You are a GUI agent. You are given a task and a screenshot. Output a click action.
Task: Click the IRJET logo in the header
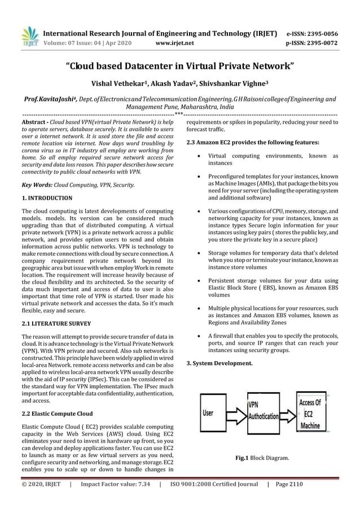[x=29, y=36]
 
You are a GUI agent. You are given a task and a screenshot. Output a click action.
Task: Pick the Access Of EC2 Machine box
[x=310, y=414]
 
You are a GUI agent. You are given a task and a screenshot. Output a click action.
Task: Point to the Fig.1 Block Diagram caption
[x=262, y=458]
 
